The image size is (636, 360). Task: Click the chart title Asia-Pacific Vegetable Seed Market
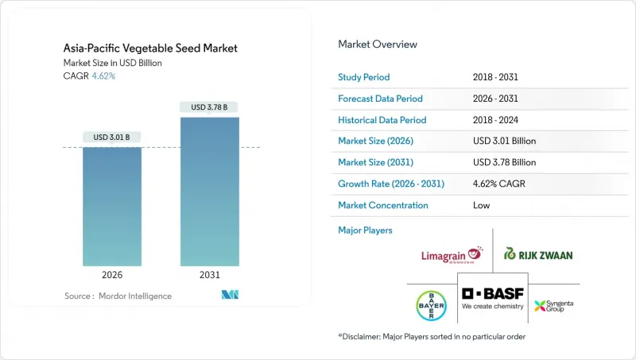click(x=150, y=48)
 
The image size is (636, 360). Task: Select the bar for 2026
click(x=112, y=207)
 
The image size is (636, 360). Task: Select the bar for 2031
click(x=210, y=191)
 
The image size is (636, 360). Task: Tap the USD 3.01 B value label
click(x=112, y=137)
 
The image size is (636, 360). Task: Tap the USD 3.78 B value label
click(x=210, y=107)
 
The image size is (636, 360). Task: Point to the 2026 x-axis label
click(x=112, y=276)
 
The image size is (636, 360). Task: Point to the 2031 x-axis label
click(x=210, y=276)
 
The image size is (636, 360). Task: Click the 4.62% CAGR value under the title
click(x=103, y=76)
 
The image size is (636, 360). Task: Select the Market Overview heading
click(x=378, y=45)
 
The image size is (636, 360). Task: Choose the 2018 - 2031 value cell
click(x=498, y=77)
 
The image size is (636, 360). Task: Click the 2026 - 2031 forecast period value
click(x=498, y=99)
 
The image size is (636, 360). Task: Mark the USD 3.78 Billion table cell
click(x=504, y=162)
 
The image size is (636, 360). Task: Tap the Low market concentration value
click(x=480, y=205)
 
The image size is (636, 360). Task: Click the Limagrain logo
click(x=452, y=254)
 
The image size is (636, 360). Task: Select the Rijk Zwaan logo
click(x=538, y=254)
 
